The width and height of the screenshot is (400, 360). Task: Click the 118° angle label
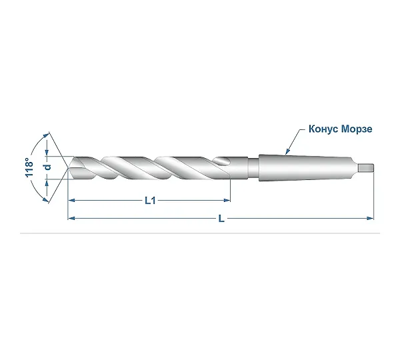coord(29,167)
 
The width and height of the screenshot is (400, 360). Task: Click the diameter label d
coord(47,167)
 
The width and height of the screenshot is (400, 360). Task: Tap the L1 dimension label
coord(150,201)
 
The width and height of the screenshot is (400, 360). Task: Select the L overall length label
coord(221,219)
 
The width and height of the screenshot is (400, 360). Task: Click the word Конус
coord(323,129)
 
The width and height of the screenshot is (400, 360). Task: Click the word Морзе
coord(357,129)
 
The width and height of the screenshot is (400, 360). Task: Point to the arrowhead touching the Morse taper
coord(287,152)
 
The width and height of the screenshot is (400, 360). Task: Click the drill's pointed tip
coord(68,167)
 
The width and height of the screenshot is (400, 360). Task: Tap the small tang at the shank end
coord(366,168)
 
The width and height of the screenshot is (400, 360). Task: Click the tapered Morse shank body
coord(306,168)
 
